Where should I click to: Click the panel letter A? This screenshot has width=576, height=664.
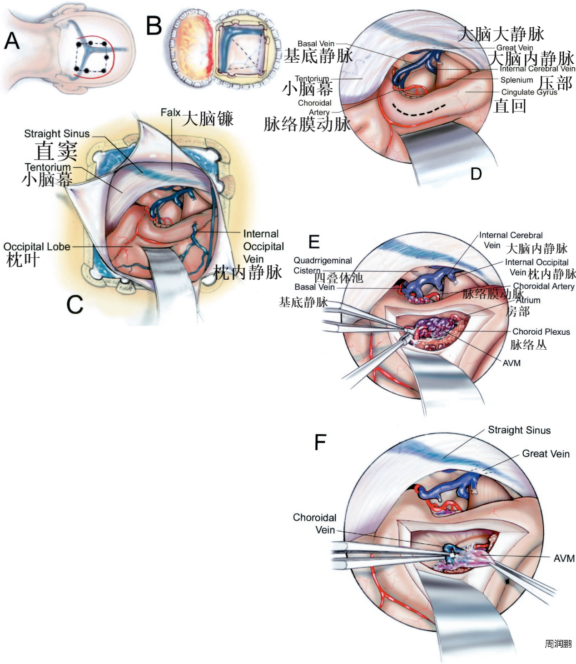click(x=12, y=41)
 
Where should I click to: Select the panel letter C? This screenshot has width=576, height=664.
click(x=75, y=304)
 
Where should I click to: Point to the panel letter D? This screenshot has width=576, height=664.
click(x=476, y=174)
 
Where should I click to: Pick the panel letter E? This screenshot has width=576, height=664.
click(x=314, y=242)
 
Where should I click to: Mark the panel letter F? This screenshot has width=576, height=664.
click(x=320, y=442)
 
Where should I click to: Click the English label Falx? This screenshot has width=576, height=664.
click(x=170, y=112)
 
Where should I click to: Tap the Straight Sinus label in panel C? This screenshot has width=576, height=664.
click(x=57, y=134)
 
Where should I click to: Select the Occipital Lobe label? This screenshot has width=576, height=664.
click(x=37, y=246)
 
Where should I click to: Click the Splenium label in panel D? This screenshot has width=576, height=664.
click(x=516, y=80)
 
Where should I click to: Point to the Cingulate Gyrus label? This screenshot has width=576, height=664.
click(x=529, y=92)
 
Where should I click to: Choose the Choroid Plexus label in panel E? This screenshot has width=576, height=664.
click(x=541, y=332)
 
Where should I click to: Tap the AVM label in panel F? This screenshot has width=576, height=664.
click(x=564, y=558)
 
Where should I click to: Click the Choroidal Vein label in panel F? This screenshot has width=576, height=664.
click(x=314, y=524)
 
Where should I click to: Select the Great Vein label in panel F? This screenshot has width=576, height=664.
click(x=546, y=453)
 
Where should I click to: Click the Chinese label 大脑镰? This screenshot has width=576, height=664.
click(x=208, y=119)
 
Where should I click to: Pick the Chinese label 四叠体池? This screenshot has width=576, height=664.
click(x=338, y=277)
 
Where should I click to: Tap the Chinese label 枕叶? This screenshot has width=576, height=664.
click(x=23, y=260)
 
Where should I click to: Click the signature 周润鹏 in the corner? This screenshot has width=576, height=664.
click(x=558, y=644)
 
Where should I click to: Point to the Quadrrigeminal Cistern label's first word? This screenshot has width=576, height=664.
click(x=323, y=261)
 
